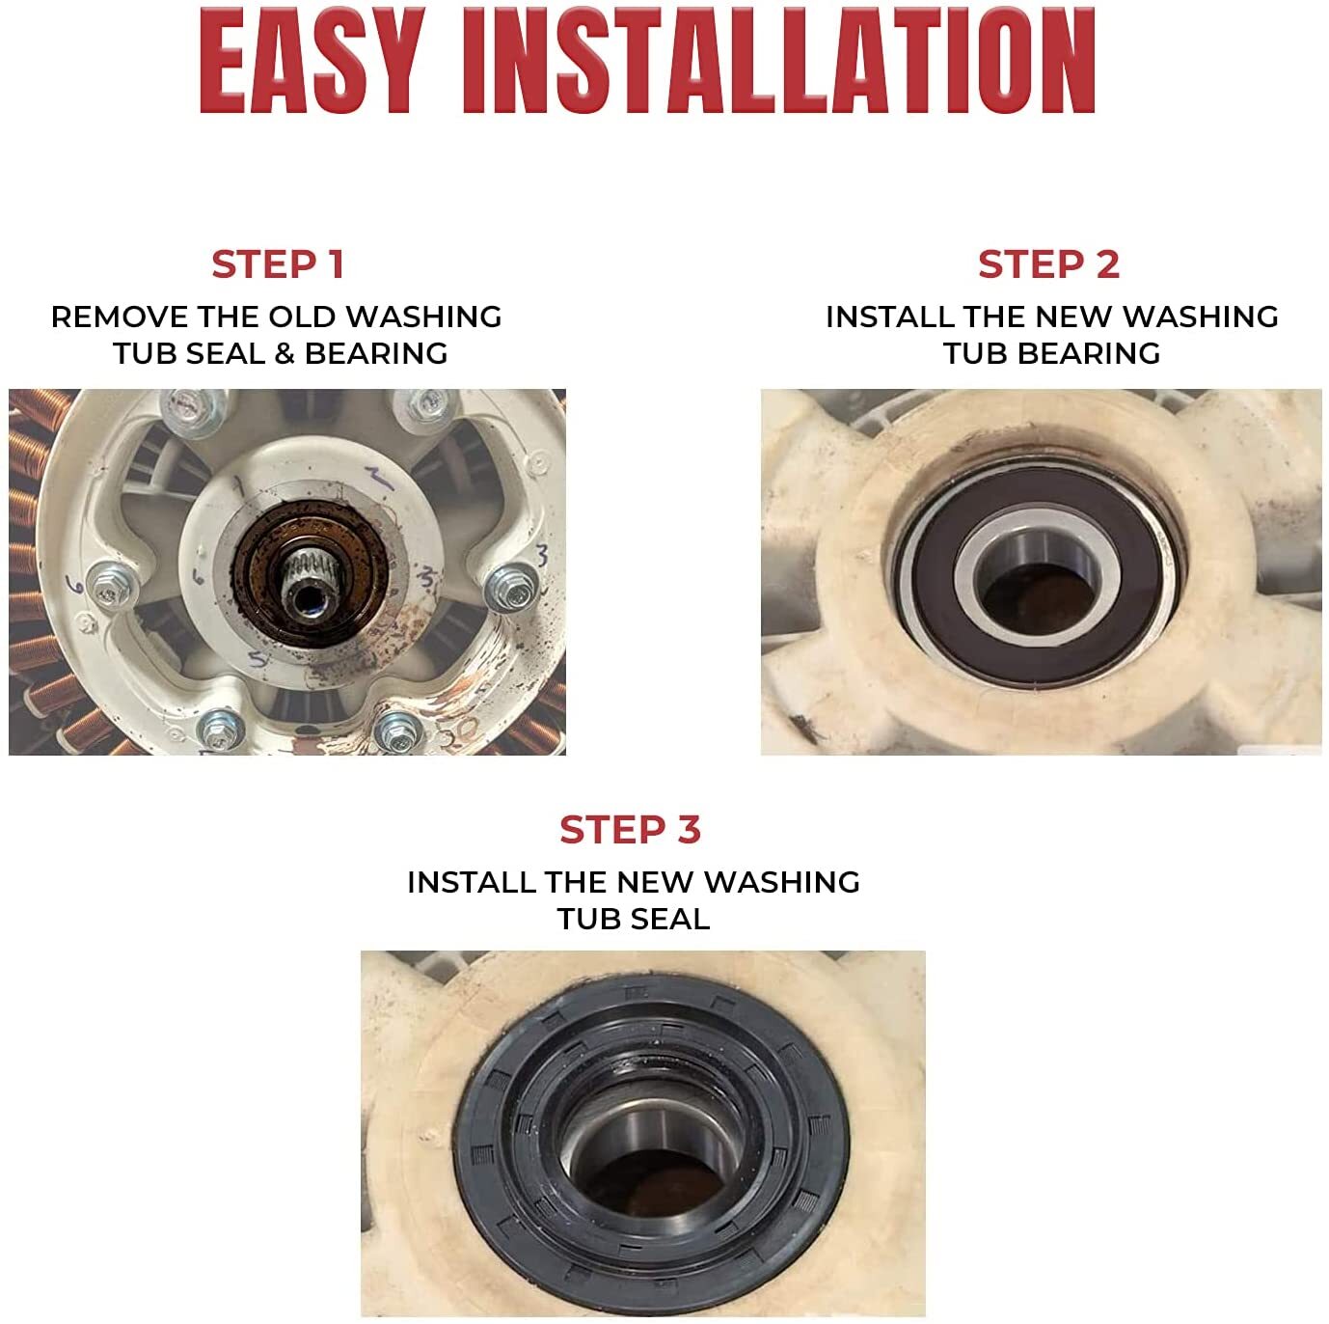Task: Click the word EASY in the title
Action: click(312, 61)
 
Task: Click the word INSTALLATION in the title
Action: click(778, 61)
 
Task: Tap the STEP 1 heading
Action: click(278, 264)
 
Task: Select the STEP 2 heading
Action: click(1048, 264)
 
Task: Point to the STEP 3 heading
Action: click(631, 829)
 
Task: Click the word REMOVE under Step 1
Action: click(120, 317)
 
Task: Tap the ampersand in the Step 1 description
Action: click(285, 353)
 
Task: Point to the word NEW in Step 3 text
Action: click(656, 882)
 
